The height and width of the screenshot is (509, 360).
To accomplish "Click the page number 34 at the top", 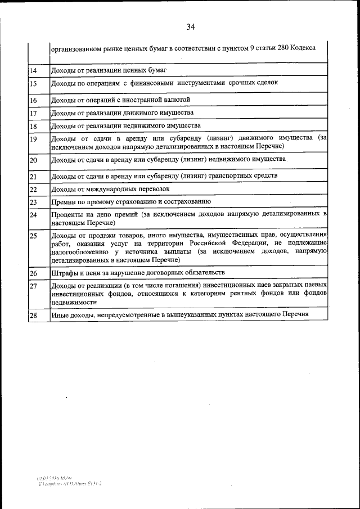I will (191, 26).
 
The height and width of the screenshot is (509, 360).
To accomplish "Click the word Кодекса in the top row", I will (312, 48).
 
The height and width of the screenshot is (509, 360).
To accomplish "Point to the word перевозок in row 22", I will (153, 189).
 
